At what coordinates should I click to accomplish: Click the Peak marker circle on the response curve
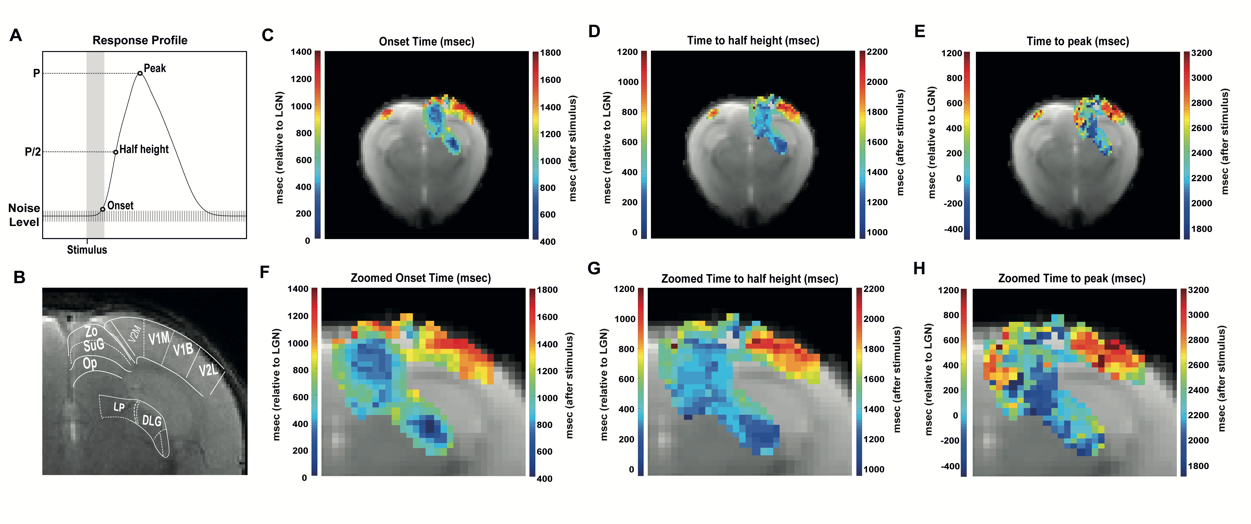[140, 73]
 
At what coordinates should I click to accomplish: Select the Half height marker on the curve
[116, 152]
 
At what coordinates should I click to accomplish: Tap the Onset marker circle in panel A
[102, 209]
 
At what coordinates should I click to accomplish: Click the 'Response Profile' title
[140, 40]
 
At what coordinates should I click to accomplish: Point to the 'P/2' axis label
[32, 152]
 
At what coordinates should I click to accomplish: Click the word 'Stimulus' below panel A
[87, 250]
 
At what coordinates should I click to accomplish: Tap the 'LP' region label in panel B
[119, 407]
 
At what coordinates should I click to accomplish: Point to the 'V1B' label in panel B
[183, 349]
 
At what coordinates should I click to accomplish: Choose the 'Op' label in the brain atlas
[90, 363]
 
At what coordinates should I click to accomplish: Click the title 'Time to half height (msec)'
[753, 41]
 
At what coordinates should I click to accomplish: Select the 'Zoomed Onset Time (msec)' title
[421, 278]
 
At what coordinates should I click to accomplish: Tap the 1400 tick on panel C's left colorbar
[301, 52]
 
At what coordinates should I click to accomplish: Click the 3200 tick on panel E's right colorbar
[1202, 53]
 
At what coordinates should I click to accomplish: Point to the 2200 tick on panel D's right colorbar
[877, 52]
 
